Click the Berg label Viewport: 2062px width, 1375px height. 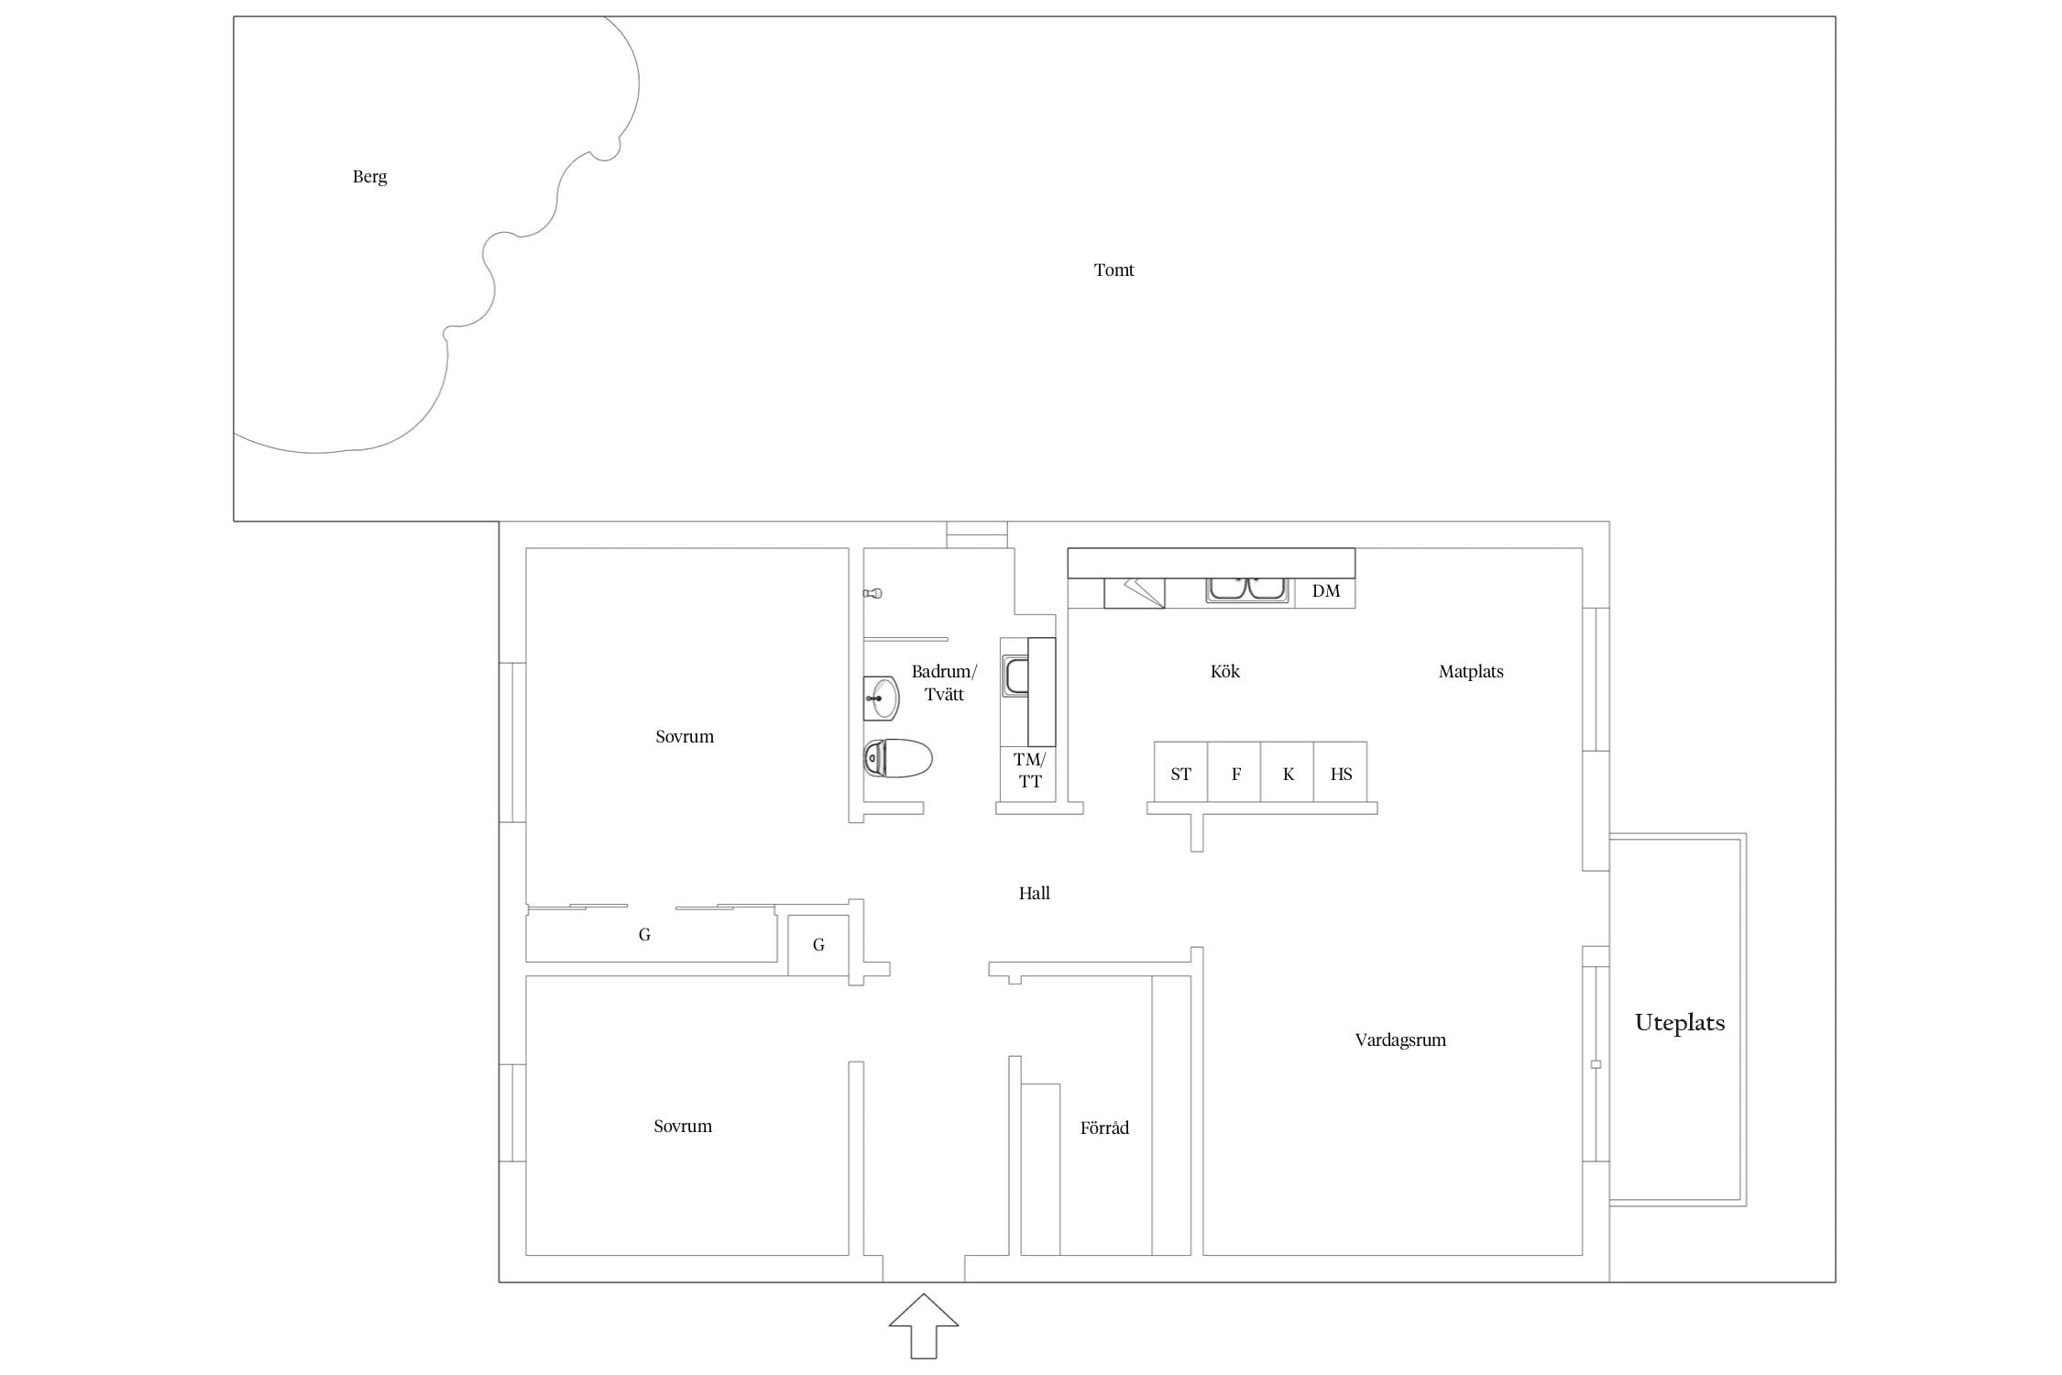point(369,177)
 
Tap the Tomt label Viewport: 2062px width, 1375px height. point(1113,269)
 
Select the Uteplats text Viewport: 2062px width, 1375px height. point(1680,1023)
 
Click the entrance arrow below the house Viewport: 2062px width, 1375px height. point(924,1325)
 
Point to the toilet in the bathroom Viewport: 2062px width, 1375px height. point(898,758)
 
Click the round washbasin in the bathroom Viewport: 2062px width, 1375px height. point(882,698)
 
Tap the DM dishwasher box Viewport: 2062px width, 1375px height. point(1325,591)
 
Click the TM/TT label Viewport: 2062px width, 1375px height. point(1029,771)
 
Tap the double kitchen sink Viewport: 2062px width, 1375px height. point(1247,589)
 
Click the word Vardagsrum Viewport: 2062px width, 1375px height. point(1400,1040)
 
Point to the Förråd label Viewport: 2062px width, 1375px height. point(1104,1127)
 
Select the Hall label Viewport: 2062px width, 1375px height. point(1034,893)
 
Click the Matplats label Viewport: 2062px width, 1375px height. point(1471,672)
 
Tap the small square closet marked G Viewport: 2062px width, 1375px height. point(818,945)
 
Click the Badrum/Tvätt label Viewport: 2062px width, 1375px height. point(944,683)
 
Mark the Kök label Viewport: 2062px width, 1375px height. point(1224,671)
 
